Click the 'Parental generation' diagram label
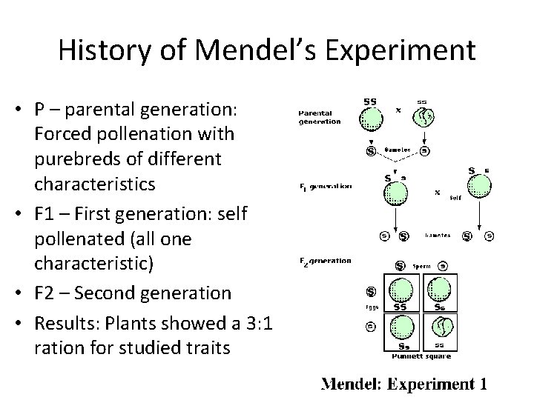pos(319,117)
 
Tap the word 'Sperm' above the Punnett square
pos(422,264)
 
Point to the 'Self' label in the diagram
pos(454,198)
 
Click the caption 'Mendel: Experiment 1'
pos(404,384)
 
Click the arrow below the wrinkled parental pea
pos(423,139)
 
